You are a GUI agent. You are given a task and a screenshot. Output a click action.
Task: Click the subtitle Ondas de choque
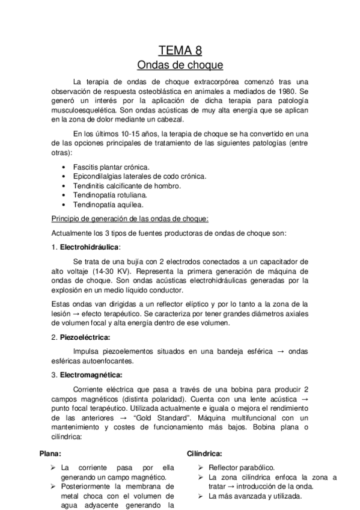tap(180, 64)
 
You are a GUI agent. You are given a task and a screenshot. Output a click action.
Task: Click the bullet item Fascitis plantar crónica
tap(111, 166)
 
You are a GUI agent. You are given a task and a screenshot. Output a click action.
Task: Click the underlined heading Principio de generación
tap(130, 218)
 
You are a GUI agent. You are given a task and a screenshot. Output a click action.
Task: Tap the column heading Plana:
tap(50, 453)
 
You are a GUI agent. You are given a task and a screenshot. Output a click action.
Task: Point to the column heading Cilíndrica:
tap(205, 453)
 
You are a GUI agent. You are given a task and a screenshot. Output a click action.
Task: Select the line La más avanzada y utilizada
tap(255, 496)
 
